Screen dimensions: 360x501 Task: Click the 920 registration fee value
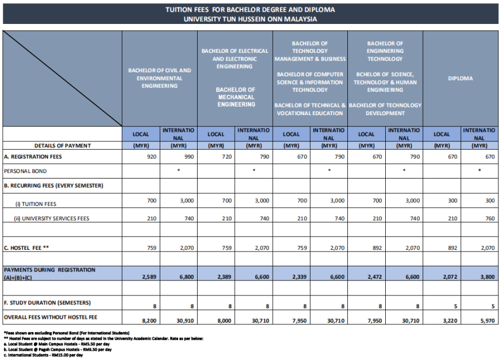click(151, 157)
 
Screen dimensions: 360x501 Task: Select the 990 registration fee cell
click(189, 157)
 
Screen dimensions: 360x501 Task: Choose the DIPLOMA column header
click(460, 78)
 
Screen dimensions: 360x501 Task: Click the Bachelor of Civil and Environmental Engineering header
click(160, 78)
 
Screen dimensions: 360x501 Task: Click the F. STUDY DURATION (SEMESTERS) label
click(47, 303)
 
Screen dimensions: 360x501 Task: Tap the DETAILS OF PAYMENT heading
click(62, 146)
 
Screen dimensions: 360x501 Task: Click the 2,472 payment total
click(374, 276)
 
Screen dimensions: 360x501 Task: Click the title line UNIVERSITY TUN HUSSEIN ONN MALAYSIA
click(250, 19)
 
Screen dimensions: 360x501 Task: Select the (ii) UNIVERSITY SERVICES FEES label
click(52, 219)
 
